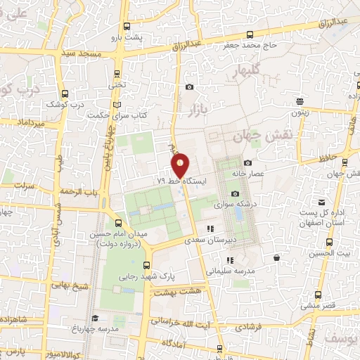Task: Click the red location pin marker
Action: coord(181,165)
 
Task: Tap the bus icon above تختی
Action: coord(117,73)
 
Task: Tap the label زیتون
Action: coord(300,112)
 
